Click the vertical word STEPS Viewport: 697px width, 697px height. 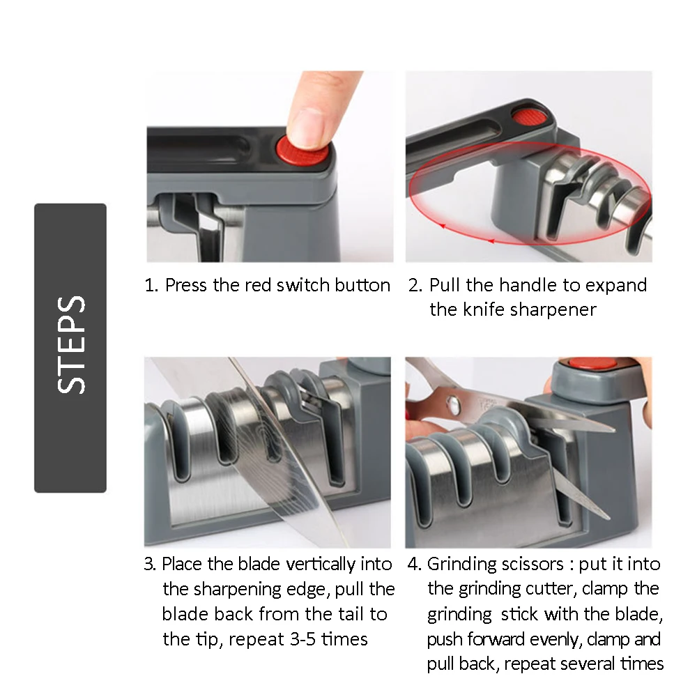click(x=71, y=346)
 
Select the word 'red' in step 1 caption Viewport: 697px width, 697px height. click(x=258, y=285)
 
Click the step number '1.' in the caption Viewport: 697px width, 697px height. click(x=151, y=285)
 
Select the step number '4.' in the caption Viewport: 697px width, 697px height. click(x=414, y=564)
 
